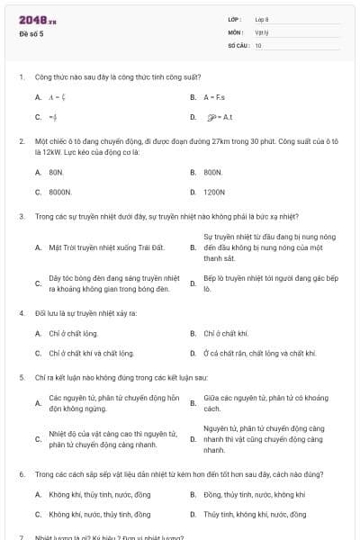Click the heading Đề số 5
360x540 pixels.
pyautogui.click(x=31, y=34)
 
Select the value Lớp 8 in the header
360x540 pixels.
pyautogui.click(x=262, y=19)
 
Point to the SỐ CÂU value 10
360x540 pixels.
pyautogui.click(x=258, y=44)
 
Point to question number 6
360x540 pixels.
pyautogui.click(x=21, y=472)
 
